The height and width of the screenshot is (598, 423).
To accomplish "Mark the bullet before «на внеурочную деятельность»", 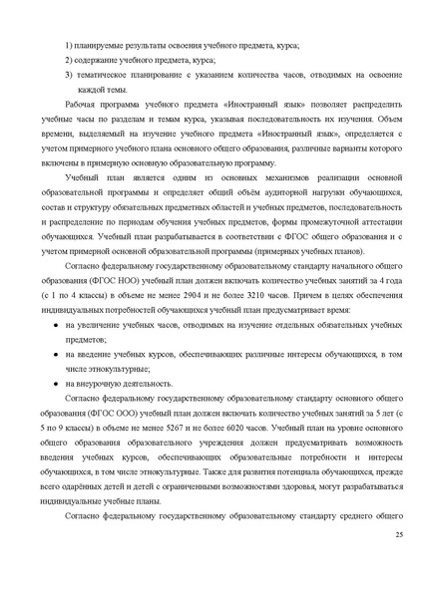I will tap(69, 382).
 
